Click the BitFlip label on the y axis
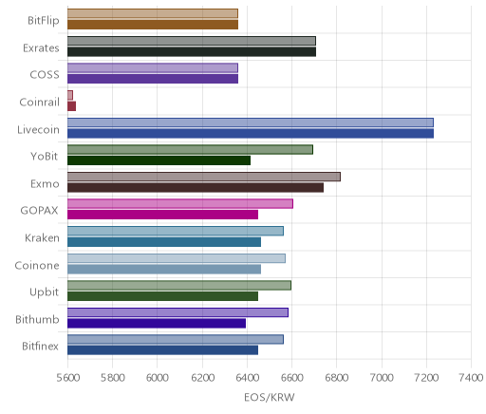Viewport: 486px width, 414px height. click(44, 21)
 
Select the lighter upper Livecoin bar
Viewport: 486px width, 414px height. click(251, 122)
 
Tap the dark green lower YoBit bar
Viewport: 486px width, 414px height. click(159, 160)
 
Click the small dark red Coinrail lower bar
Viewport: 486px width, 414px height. click(71, 106)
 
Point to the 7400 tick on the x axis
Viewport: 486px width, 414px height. click(471, 378)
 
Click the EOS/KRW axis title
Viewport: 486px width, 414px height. click(270, 397)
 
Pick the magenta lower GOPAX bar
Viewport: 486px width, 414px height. click(162, 215)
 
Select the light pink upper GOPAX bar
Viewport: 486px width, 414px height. click(180, 204)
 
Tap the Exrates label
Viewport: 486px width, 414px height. click(41, 48)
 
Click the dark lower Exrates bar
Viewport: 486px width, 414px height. click(192, 52)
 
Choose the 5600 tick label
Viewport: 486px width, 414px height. click(67, 378)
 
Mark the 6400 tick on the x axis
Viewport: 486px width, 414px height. click(247, 378)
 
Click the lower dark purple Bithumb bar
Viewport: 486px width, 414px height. click(157, 324)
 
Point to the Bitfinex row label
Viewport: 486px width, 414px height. click(40, 347)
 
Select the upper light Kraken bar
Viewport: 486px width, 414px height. click(176, 231)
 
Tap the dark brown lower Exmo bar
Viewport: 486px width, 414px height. click(196, 188)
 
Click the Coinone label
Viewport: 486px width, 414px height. click(37, 265)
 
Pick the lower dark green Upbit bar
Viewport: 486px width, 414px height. click(162, 296)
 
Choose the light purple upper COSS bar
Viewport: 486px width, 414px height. click(153, 68)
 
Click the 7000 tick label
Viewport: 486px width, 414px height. click(382, 378)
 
